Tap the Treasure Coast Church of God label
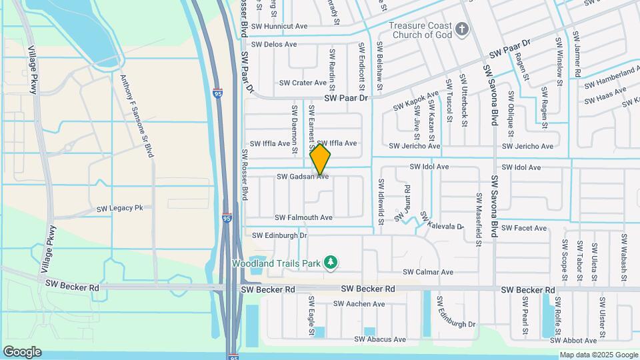421,30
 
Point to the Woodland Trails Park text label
277,263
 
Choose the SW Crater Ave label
303,83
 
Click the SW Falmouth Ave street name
303,218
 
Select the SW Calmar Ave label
428,272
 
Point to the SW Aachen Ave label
360,304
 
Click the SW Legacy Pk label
120,209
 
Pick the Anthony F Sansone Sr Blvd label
137,116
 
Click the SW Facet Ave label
525,228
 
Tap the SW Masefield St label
479,220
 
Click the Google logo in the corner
22,352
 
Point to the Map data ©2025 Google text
598,355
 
